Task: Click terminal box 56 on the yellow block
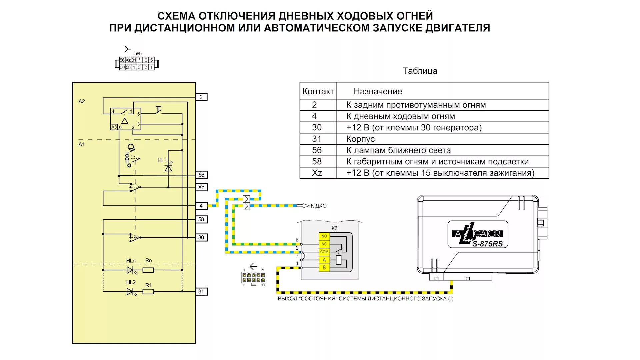click(201, 175)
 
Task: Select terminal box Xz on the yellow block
click(201, 187)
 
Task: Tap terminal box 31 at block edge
click(201, 292)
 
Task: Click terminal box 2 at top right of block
click(201, 97)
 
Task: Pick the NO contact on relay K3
click(324, 236)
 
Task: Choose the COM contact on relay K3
click(324, 252)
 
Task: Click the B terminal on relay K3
click(324, 268)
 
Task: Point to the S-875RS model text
click(487, 244)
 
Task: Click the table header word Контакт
click(318, 91)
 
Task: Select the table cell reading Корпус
click(360, 139)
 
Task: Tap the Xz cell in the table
click(317, 173)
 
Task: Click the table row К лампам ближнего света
click(398, 150)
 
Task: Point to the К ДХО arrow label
click(318, 206)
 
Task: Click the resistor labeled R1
click(148, 292)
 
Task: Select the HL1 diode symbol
click(168, 168)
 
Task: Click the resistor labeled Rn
click(148, 270)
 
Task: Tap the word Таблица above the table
click(420, 71)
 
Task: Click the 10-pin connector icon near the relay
click(253, 278)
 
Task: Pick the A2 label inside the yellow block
click(82, 101)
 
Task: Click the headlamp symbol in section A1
click(131, 147)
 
